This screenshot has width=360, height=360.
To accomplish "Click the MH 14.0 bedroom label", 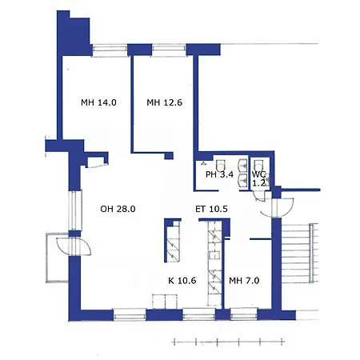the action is pos(98,102).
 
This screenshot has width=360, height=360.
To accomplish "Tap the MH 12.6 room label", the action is pos(164,102).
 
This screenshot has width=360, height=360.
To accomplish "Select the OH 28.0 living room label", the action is pos(118,209).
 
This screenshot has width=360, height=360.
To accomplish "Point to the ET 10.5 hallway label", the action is pos(211,209).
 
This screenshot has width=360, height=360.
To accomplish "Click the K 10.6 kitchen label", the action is pos(182,281).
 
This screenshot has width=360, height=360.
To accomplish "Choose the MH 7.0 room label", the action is pos(244,281).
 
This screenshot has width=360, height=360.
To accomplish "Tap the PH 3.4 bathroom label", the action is pos(219,174).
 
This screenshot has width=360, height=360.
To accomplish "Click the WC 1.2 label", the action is pos(259,179).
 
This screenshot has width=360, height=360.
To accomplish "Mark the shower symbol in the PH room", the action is pos(204,162).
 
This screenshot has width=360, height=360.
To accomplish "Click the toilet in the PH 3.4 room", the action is pos(221,166).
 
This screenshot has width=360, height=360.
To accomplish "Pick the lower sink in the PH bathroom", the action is pos(242,180).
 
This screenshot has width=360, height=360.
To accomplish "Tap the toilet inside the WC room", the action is pos(258,166).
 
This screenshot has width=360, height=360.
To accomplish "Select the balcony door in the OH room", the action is pos(74,246).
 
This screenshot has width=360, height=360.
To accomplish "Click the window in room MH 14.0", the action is pos(110,49).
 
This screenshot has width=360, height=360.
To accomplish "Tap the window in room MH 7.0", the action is pos(244,314).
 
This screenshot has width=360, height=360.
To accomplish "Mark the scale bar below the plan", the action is pos(228,342).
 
